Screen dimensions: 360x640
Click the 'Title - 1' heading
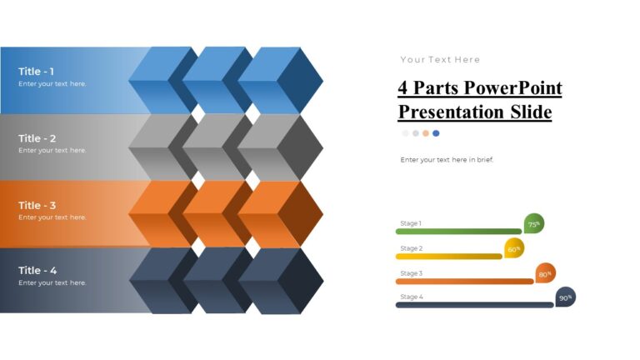[37, 72]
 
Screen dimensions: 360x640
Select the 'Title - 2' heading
[37, 138]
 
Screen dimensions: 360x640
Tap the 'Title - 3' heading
[37, 205]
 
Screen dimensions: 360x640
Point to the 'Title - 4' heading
[37, 271]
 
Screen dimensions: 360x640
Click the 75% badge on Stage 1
[533, 223]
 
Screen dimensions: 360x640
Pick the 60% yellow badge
[514, 247]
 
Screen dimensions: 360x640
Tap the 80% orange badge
[545, 273]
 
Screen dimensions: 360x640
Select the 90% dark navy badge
[565, 297]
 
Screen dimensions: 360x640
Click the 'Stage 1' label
[411, 223]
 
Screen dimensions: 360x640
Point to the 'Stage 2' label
[411, 248]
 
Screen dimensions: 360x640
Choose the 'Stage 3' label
[411, 273]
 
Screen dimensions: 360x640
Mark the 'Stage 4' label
[411, 297]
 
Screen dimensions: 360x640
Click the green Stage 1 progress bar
[458, 232]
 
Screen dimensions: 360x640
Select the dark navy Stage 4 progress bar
[474, 305]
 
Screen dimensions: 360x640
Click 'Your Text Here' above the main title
[440, 60]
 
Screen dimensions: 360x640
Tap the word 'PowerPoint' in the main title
[512, 88]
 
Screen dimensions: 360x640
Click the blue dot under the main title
[436, 133]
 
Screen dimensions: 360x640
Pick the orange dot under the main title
[426, 133]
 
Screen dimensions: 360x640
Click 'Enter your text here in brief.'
[447, 159]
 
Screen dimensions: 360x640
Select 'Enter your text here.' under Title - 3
[52, 217]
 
